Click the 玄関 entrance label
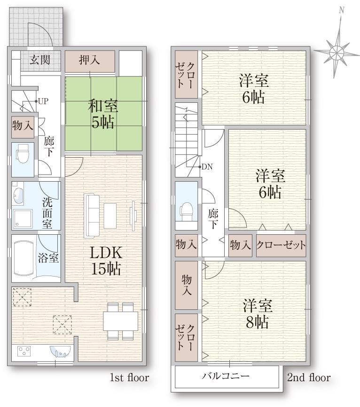[x=40, y=60]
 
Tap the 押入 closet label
[x=89, y=60]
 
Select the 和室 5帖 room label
[x=102, y=114]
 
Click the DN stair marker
[x=206, y=167]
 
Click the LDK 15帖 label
[x=106, y=261]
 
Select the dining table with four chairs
[x=120, y=321]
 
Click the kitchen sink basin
[x=60, y=350]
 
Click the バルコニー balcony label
[x=226, y=376]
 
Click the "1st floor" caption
[x=129, y=377]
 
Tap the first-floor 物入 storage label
[x=22, y=126]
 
